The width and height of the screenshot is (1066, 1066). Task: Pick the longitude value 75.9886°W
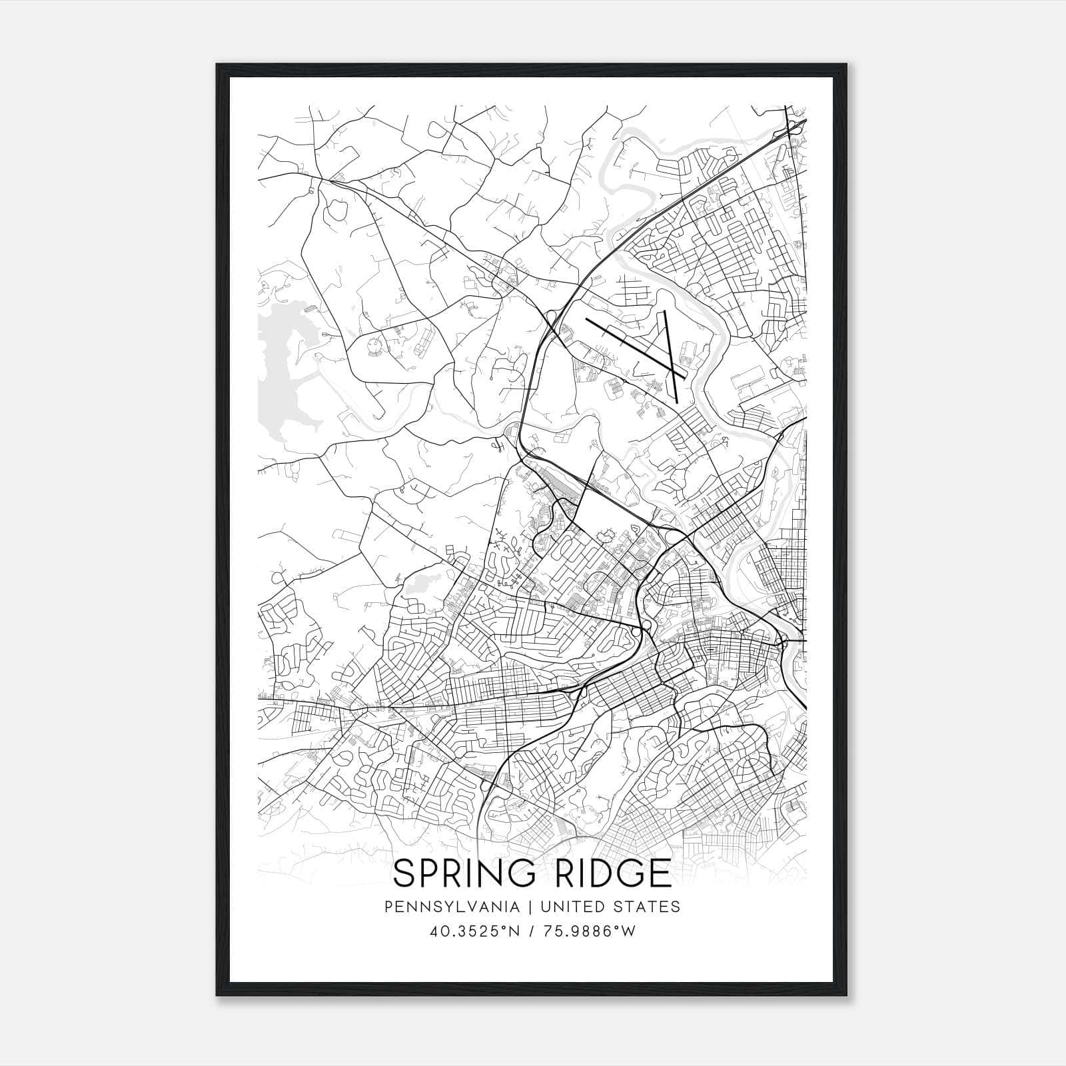coord(590,931)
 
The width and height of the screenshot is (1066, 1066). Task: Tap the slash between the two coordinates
coord(532,931)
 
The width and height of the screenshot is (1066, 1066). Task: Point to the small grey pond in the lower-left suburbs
coord(418,586)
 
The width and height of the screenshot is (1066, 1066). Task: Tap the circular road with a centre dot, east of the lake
coord(375,345)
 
